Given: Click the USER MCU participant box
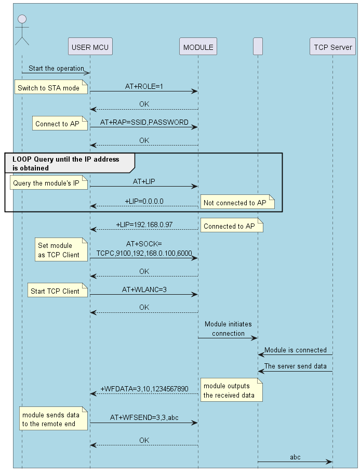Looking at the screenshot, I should pos(90,47).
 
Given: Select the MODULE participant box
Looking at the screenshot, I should pos(198,47).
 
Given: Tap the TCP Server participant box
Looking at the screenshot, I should pos(333,47).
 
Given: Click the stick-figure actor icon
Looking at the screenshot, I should pos(22,30).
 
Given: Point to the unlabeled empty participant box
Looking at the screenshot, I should pos(258,47).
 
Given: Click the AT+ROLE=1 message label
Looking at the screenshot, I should pos(144,86).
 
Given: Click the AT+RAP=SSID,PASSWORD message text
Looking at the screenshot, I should pos(144,122).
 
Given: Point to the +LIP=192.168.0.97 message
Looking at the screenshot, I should pos(144,225).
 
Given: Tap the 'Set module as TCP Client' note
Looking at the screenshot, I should pos(60,250).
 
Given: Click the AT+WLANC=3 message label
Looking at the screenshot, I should pos(144,289).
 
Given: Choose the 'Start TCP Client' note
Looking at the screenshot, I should pos(56,291).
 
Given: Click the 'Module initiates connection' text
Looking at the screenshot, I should pos(228,328).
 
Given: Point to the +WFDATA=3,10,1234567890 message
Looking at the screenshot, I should pos(144,388).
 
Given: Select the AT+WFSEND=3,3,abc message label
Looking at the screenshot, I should pos(144,417).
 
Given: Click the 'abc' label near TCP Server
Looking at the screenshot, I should pos(295,457).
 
